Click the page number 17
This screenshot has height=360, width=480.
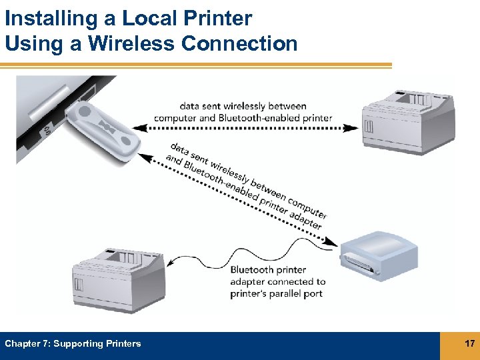[469, 343]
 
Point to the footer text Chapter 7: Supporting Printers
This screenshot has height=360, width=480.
[73, 344]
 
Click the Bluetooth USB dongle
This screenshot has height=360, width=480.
[107, 126]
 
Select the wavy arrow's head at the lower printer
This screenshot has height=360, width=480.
[169, 262]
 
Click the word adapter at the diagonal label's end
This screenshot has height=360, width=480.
[307, 220]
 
